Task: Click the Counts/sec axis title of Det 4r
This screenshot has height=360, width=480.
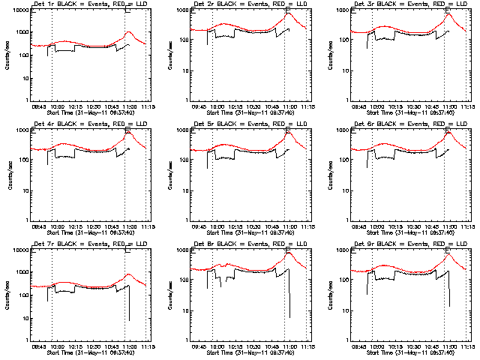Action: (10, 175)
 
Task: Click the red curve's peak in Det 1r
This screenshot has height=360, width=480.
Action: (128, 32)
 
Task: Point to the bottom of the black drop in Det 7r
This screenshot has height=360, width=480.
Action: (129, 321)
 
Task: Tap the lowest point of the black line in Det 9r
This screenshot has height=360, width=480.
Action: (449, 306)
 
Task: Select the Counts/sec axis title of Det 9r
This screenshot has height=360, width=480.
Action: (329, 295)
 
